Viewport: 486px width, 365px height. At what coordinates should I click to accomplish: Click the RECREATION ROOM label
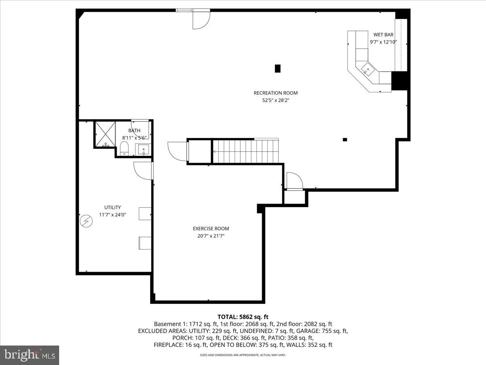pyautogui.click(x=275, y=93)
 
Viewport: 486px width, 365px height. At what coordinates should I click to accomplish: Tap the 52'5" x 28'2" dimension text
pyautogui.click(x=275, y=100)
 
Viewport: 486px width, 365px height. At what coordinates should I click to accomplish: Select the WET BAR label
pyautogui.click(x=383, y=35)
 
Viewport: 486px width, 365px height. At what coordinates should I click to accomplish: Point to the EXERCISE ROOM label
pyautogui.click(x=211, y=229)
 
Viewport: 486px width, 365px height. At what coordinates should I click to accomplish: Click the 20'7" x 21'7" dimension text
pyautogui.click(x=211, y=236)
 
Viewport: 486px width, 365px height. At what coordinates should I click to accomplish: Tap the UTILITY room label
pyautogui.click(x=112, y=208)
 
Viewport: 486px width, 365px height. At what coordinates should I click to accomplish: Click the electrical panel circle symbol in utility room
pyautogui.click(x=86, y=221)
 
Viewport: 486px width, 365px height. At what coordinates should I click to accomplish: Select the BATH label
pyautogui.click(x=134, y=131)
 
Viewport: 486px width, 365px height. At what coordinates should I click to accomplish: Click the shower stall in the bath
pyautogui.click(x=104, y=134)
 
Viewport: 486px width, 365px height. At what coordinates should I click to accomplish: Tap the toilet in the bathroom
pyautogui.click(x=125, y=148)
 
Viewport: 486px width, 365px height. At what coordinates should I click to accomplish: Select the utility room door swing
pyautogui.click(x=143, y=170)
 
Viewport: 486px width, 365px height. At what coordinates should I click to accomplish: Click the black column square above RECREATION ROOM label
pyautogui.click(x=277, y=69)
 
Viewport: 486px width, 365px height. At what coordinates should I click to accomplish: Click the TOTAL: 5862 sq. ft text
pyautogui.click(x=243, y=317)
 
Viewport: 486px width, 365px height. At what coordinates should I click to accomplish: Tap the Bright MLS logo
pyautogui.click(x=30, y=355)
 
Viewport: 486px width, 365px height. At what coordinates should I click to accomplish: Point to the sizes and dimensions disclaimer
pyautogui.click(x=243, y=355)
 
